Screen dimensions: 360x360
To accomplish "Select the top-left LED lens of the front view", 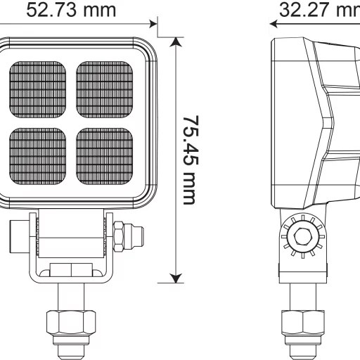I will tap(39, 89).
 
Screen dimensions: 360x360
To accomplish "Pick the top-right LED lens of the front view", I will tap(104, 89).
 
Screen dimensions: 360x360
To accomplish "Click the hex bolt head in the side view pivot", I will tap(304, 237).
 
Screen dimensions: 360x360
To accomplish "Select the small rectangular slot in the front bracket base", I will tap(70, 269).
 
